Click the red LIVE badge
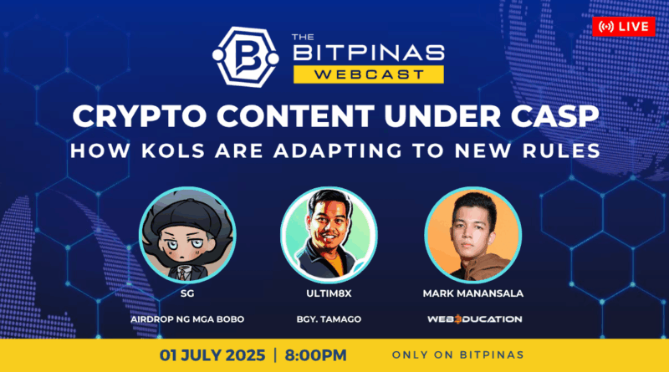coord(624,27)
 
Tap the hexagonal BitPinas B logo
coord(246,57)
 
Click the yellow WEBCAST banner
coord(369,74)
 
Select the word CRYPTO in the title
coord(140,116)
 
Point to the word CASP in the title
coord(555,116)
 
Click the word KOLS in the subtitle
coord(173,151)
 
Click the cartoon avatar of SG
coord(187,235)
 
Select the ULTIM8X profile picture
coord(329,235)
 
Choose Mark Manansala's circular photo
coord(472,235)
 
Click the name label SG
coord(187,293)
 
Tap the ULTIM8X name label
coord(329,293)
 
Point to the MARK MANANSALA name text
coord(473,293)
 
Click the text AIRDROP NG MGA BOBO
coord(187,319)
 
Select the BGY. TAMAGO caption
coord(329,319)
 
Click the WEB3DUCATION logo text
coord(474,319)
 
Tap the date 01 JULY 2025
coord(212,355)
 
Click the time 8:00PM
coord(316,355)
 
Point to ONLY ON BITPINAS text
coord(457,355)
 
